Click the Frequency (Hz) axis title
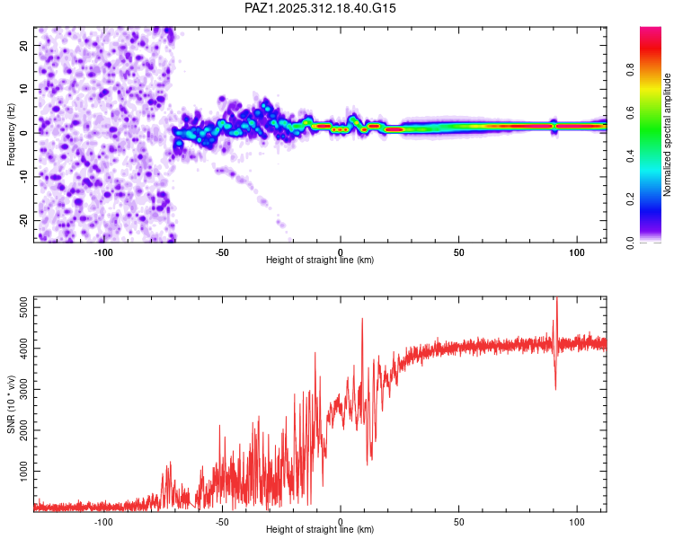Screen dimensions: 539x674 tap(12, 134)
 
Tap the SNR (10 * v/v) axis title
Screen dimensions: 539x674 tap(12, 403)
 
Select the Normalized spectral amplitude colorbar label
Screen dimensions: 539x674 tap(668, 135)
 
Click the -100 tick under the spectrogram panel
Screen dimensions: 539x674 tap(103, 252)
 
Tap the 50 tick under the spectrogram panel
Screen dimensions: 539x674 tap(458, 252)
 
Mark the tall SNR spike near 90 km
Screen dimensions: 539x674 tap(556, 301)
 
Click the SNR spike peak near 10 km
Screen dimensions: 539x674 tap(362, 319)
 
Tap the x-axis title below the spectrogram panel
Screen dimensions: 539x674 tap(320, 261)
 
